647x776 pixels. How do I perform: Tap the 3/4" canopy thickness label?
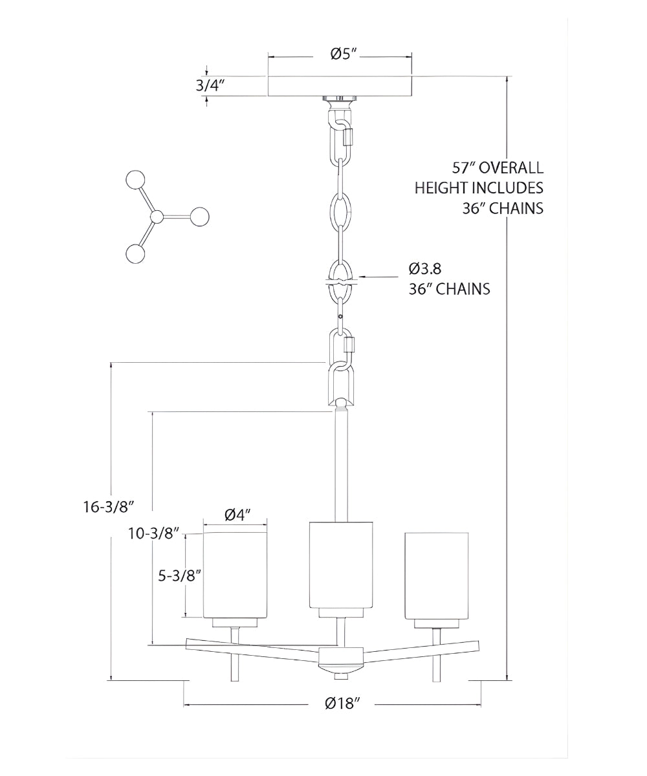coord(210,85)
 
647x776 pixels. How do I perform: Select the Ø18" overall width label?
coord(342,704)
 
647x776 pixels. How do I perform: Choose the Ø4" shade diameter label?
coord(237,515)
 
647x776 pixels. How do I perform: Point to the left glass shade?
coord(236,576)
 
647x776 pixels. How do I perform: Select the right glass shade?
coord(436,576)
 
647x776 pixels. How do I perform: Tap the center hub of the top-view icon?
coord(155,217)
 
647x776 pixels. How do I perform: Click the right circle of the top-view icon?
coord(201,216)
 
